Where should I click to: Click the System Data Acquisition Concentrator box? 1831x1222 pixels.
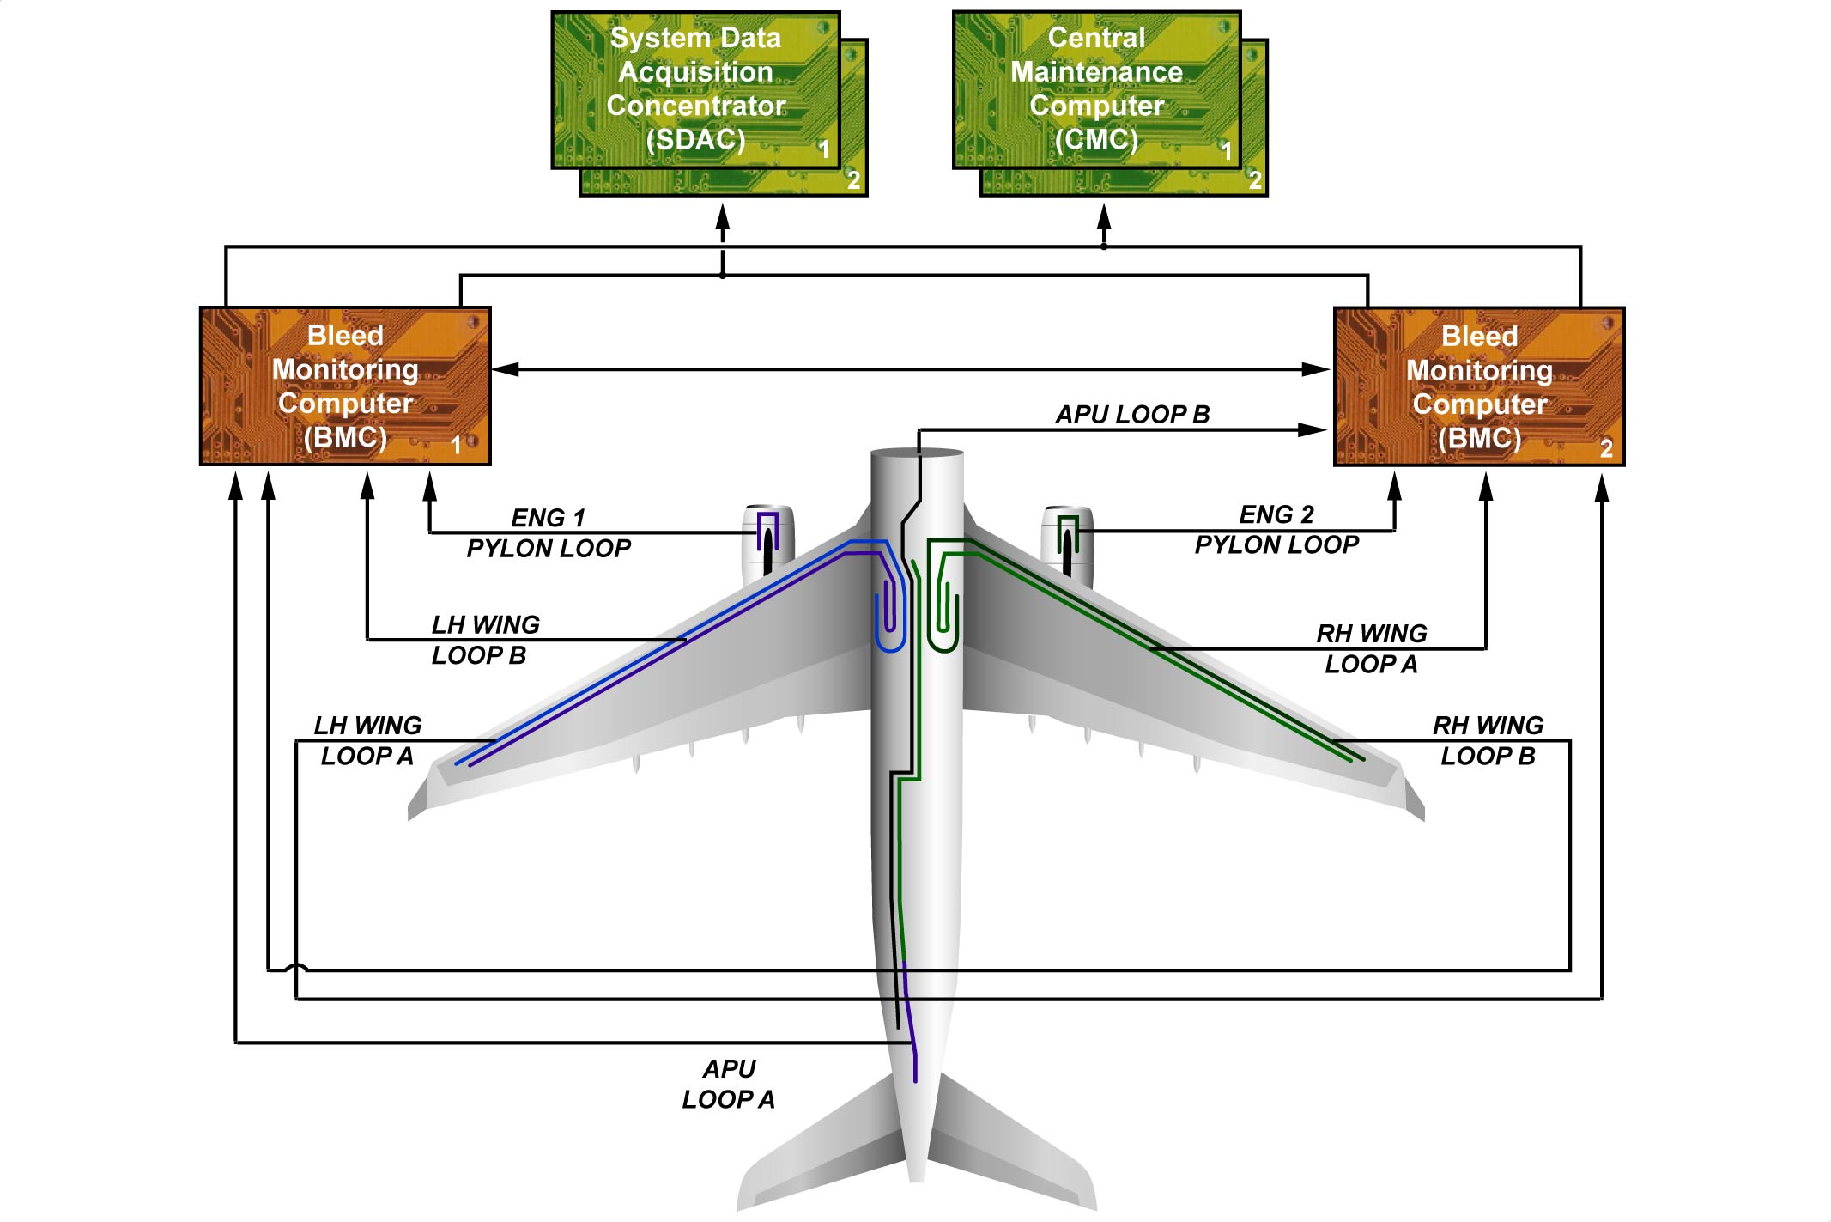[x=695, y=89]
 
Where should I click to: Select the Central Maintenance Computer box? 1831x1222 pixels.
[x=1096, y=89]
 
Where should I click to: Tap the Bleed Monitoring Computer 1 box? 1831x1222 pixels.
[x=345, y=386]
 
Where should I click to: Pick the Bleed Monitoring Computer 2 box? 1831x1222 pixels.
[x=1479, y=386]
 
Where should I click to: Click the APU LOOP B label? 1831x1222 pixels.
[x=1132, y=414]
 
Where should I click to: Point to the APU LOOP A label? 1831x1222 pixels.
[x=729, y=1084]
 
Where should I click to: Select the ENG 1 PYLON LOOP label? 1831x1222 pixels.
[x=549, y=532]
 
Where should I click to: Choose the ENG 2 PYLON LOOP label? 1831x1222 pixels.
[x=1276, y=529]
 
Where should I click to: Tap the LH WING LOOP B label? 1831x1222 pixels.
[x=484, y=640]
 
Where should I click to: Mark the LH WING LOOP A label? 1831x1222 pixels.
[x=367, y=740]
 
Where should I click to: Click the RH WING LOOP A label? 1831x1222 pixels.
[x=1371, y=648]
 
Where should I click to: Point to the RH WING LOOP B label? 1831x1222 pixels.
[x=1488, y=740]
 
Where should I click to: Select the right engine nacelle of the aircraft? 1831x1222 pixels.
[x=1067, y=543]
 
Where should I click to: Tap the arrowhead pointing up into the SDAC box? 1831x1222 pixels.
[x=723, y=216]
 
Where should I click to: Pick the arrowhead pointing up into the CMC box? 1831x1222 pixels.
[x=1105, y=216]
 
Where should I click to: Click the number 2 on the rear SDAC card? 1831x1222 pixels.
[x=853, y=180]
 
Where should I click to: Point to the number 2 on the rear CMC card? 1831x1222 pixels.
[x=1255, y=180]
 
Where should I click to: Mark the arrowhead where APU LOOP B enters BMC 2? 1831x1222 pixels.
[x=1313, y=429]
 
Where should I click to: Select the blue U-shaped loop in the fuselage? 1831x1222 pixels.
[x=890, y=618]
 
